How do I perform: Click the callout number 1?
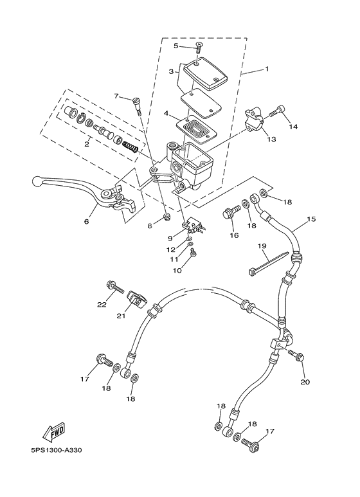(267, 69)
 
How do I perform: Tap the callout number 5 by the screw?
(175, 46)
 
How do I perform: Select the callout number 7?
(116, 96)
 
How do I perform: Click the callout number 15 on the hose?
(311, 219)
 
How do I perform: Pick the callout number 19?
(262, 246)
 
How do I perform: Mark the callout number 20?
(305, 382)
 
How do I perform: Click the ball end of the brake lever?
(37, 181)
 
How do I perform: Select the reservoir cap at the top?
(204, 72)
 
